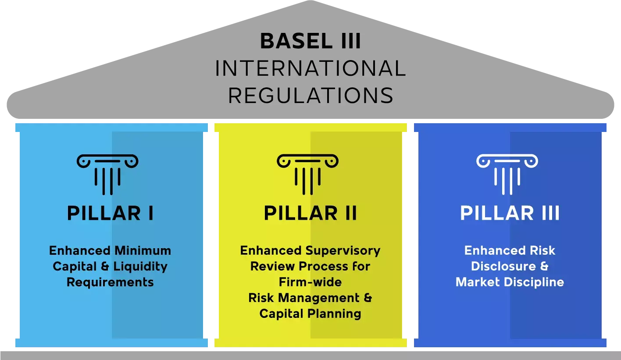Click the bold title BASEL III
(x=310, y=42)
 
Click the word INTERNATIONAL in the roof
(x=310, y=69)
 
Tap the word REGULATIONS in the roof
(x=310, y=96)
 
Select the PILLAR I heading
(x=110, y=214)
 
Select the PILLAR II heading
(x=310, y=214)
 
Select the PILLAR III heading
(x=510, y=214)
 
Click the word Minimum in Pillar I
(x=143, y=251)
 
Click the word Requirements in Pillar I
(x=110, y=282)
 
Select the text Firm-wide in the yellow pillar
(x=310, y=282)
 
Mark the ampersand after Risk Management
(x=368, y=298)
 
